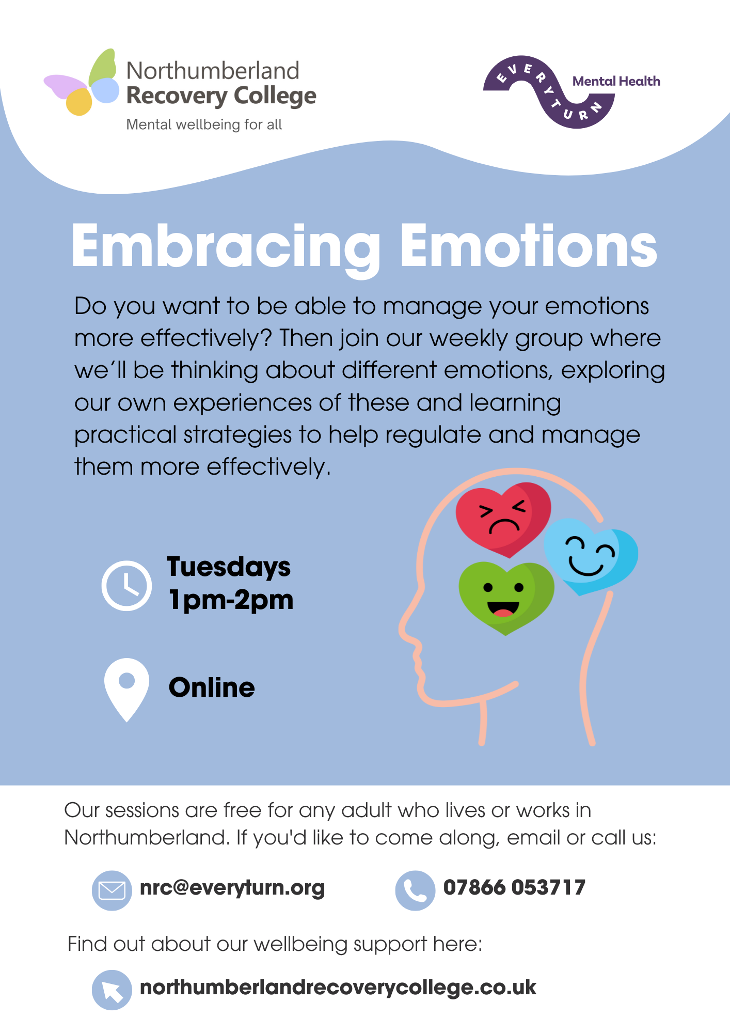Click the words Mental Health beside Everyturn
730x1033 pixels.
[x=616, y=81]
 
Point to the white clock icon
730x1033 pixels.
[x=126, y=585]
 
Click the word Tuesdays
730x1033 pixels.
[x=229, y=568]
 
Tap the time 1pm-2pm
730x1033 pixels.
[x=231, y=600]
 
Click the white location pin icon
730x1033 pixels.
[x=126, y=689]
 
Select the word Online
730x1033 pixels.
[x=212, y=687]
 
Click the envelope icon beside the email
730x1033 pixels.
[x=112, y=890]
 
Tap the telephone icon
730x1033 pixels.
[x=415, y=890]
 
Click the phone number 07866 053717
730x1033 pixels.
[x=514, y=887]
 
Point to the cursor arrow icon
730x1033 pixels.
[x=112, y=990]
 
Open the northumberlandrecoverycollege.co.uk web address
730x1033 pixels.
[x=338, y=988]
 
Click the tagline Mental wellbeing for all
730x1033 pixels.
[x=204, y=124]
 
